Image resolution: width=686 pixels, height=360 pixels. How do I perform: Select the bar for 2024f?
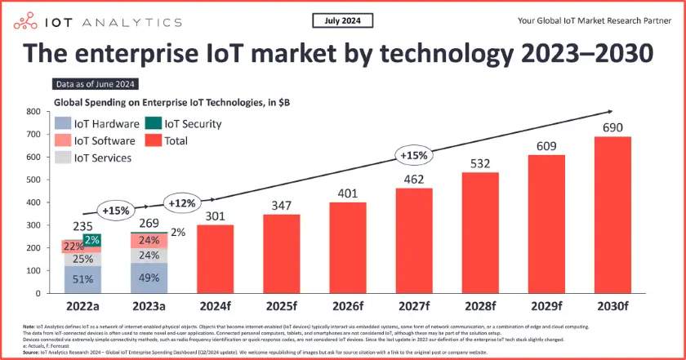click(x=216, y=259)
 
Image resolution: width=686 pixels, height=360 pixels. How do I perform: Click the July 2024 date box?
click(x=342, y=20)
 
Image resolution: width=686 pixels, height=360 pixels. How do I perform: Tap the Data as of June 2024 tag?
click(x=96, y=84)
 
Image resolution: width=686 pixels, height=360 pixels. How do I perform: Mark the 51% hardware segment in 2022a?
click(x=82, y=279)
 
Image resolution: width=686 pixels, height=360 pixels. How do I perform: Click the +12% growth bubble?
click(x=180, y=203)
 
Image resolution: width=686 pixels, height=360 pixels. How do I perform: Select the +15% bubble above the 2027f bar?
click(x=412, y=155)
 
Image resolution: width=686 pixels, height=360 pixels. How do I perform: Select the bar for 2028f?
click(x=479, y=233)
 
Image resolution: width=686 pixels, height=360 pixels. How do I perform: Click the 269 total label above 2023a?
click(x=148, y=223)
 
